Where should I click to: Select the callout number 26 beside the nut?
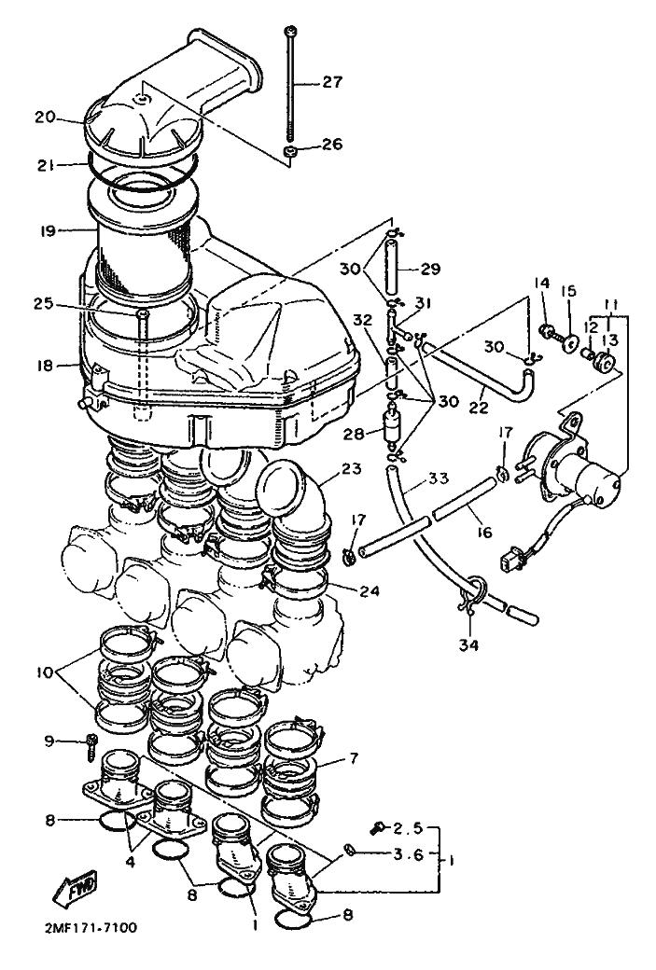click(x=331, y=145)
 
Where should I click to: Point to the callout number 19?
click(x=46, y=230)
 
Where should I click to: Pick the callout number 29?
click(x=431, y=269)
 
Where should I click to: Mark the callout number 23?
click(x=352, y=468)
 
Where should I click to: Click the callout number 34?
click(x=468, y=645)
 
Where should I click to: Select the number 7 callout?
click(x=354, y=757)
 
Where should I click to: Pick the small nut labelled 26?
click(x=289, y=151)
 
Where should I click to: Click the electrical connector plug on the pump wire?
click(x=509, y=556)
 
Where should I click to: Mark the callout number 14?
click(x=542, y=283)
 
